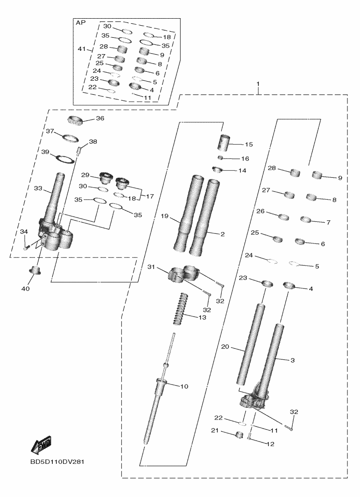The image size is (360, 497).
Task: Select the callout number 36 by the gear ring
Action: pyautogui.click(x=100, y=119)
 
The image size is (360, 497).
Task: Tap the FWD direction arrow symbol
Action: pyautogui.click(x=41, y=445)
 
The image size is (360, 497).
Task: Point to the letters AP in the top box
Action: pyautogui.click(x=81, y=22)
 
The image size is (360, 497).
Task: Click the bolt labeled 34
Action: pyautogui.click(x=27, y=247)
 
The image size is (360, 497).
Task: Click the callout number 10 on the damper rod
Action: pyautogui.click(x=184, y=386)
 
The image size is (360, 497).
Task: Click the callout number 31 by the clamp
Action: pyautogui.click(x=151, y=267)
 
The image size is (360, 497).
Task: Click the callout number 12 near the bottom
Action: pyautogui.click(x=271, y=444)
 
